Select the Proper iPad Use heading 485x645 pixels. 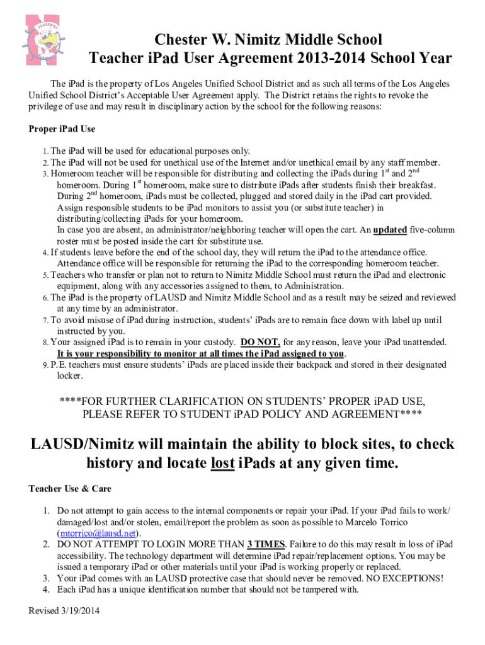click(62, 129)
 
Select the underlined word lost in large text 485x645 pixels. click(222, 464)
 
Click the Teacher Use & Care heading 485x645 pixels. click(70, 489)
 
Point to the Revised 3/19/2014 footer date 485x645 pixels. click(65, 611)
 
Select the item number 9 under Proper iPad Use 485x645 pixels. click(45, 365)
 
